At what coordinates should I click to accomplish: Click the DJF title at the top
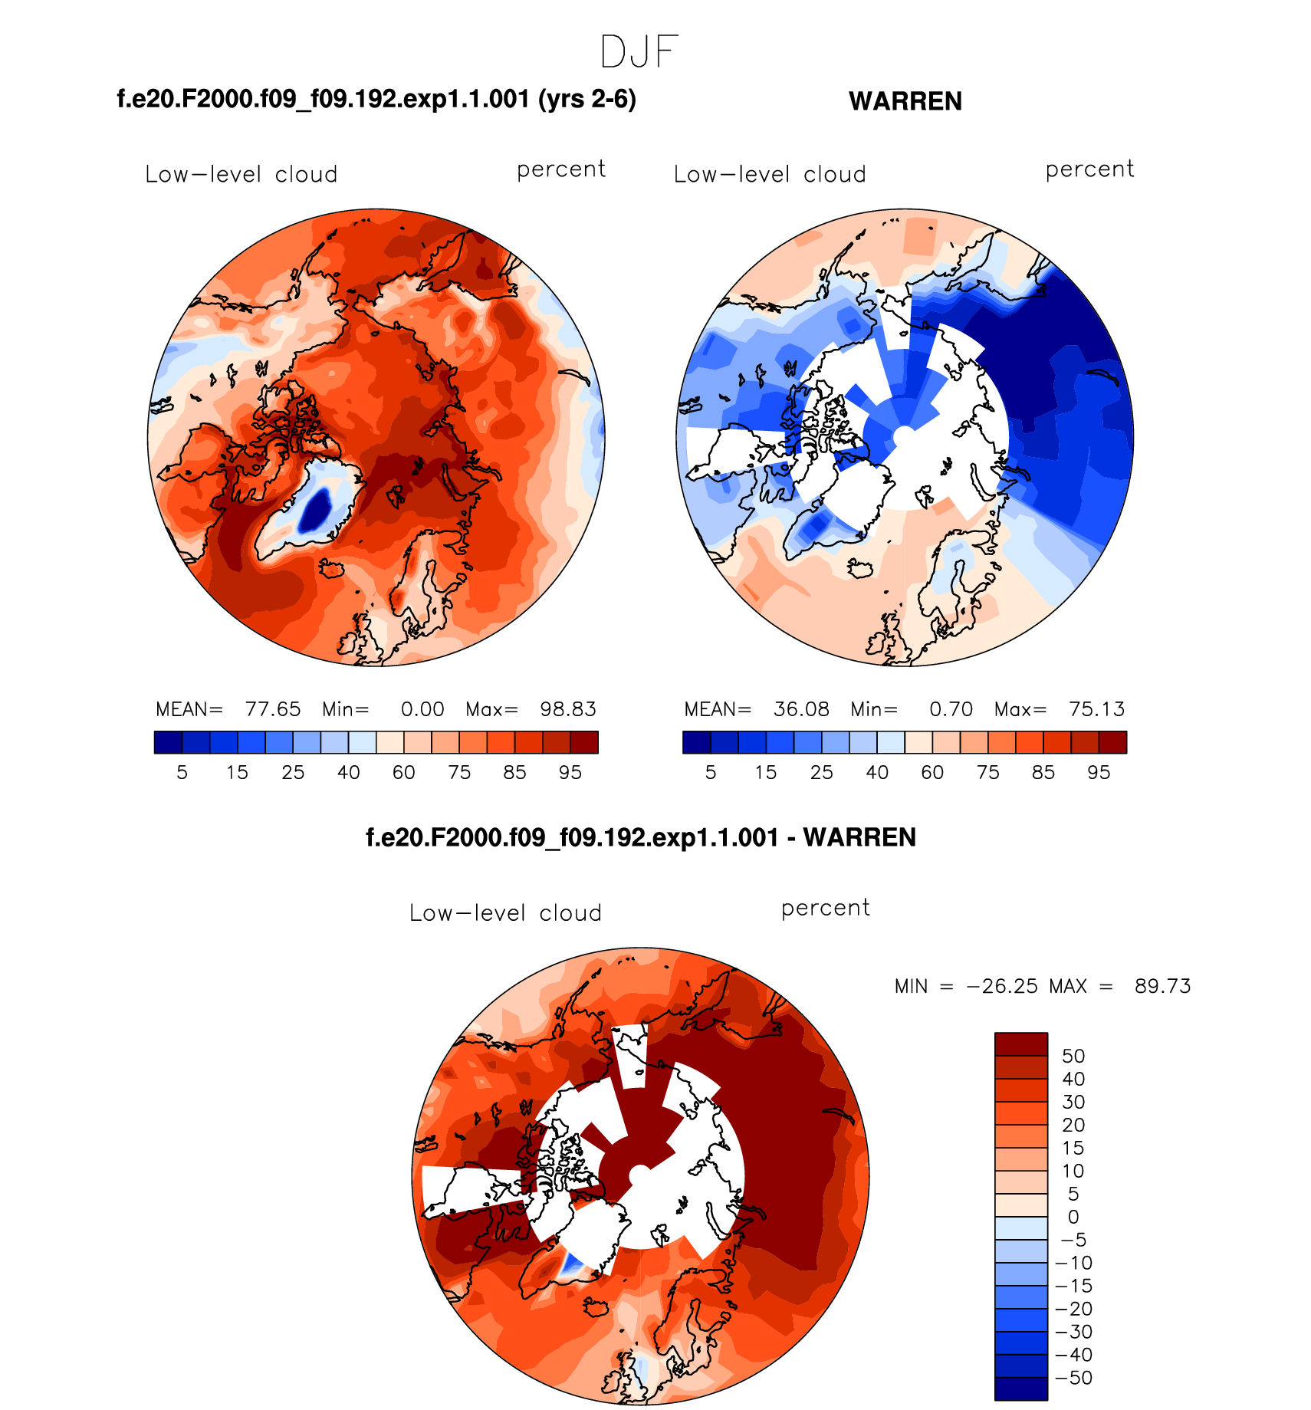(x=639, y=52)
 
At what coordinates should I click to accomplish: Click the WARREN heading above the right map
(x=905, y=101)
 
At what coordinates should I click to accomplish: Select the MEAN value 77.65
(x=272, y=709)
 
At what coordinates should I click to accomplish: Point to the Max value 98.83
(x=567, y=709)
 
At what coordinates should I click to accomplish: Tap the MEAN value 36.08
(x=801, y=709)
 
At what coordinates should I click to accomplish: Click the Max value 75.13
(x=1096, y=709)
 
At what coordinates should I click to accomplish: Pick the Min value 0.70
(x=951, y=709)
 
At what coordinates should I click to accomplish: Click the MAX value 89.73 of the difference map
(x=1162, y=986)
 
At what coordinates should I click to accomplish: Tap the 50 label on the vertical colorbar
(x=1073, y=1056)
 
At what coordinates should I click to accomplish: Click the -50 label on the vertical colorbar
(x=1073, y=1378)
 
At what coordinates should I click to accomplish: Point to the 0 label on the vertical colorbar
(x=1073, y=1217)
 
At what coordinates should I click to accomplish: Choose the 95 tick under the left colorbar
(x=570, y=773)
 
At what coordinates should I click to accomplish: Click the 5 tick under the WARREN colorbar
(x=711, y=773)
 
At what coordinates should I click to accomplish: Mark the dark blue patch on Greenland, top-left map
(x=315, y=509)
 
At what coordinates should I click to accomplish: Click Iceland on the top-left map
(x=330, y=569)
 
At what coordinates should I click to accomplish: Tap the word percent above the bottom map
(x=825, y=908)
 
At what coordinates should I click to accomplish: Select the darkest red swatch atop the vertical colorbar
(x=1020, y=1044)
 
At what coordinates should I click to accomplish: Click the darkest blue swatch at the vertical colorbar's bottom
(x=1020, y=1389)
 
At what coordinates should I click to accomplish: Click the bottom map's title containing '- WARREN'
(x=640, y=837)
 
